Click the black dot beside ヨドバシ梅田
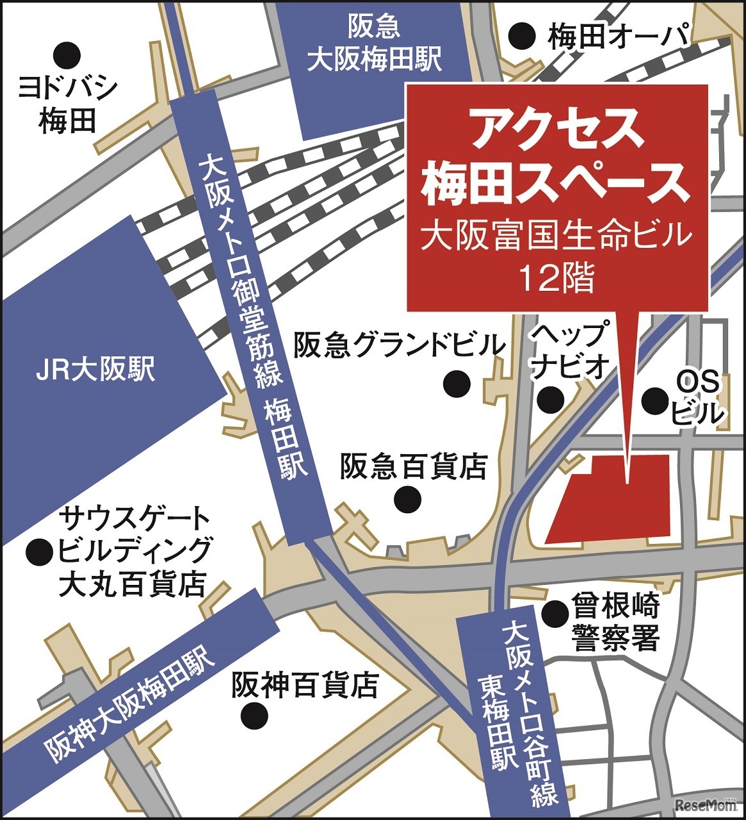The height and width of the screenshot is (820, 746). point(67,55)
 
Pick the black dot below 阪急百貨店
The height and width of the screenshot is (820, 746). point(407,499)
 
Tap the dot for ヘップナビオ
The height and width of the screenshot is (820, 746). point(550,400)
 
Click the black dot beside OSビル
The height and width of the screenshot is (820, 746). point(654,400)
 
